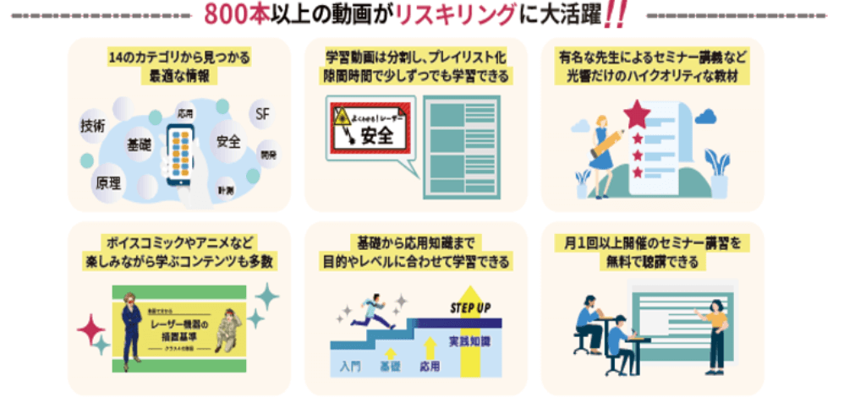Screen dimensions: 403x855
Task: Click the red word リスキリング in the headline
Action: [469, 14]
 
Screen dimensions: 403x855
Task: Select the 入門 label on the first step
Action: [351, 366]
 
